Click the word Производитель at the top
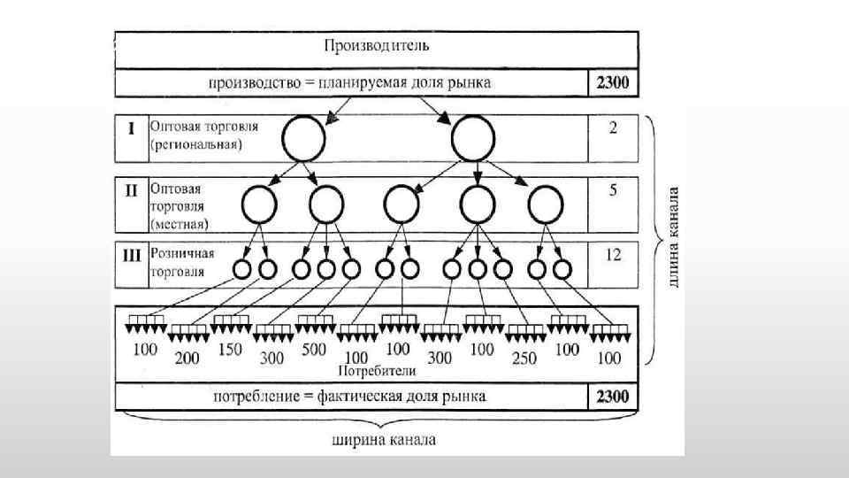click(377, 44)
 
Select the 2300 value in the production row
click(611, 83)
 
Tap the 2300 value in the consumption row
click(611, 396)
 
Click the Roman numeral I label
click(131, 128)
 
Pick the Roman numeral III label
click(131, 254)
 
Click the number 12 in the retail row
click(612, 255)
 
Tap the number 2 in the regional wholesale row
click(612, 128)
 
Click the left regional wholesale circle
click(303, 140)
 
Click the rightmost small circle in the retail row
click(561, 268)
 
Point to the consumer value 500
click(313, 350)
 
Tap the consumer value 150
click(229, 350)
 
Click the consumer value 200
click(187, 358)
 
